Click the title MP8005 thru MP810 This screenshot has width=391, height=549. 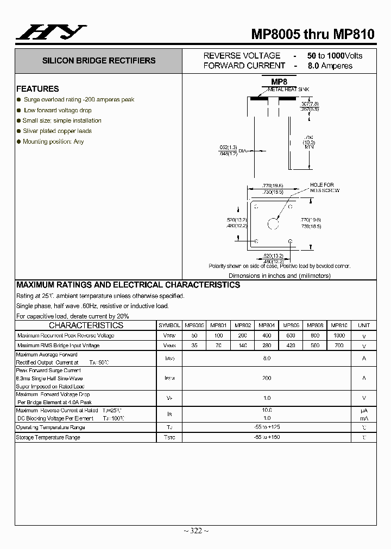pyautogui.click(x=312, y=34)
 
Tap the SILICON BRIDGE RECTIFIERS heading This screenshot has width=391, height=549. pyautogui.click(x=99, y=61)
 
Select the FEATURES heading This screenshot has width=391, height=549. pyautogui.click(x=37, y=88)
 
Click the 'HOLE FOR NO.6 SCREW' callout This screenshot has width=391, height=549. pyautogui.click(x=322, y=188)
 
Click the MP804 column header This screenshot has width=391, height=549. pyautogui.click(x=266, y=325)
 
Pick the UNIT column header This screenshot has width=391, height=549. pyautogui.click(x=364, y=325)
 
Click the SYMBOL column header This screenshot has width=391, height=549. pyautogui.click(x=169, y=325)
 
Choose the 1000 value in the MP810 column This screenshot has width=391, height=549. pyautogui.click(x=339, y=335)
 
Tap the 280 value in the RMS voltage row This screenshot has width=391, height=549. pyautogui.click(x=266, y=346)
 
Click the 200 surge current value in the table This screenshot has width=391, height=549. pyautogui.click(x=266, y=378)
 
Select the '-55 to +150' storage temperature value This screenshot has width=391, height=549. pyautogui.click(x=266, y=437)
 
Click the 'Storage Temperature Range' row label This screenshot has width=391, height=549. pyautogui.click(x=48, y=437)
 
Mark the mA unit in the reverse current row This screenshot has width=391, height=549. pyautogui.click(x=364, y=418)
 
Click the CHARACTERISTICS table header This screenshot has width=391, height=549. pyautogui.click(x=86, y=325)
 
